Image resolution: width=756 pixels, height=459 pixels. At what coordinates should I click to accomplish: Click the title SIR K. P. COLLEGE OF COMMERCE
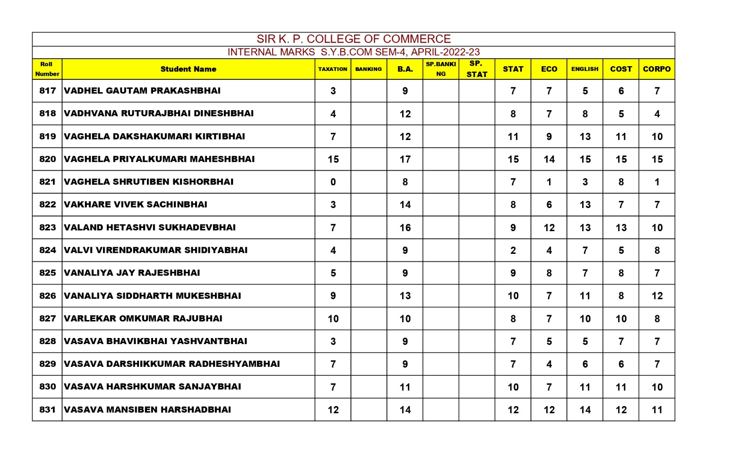[x=353, y=39]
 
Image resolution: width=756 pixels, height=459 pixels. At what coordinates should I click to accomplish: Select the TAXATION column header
[x=333, y=69]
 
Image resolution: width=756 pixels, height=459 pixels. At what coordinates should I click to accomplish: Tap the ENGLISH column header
[x=584, y=69]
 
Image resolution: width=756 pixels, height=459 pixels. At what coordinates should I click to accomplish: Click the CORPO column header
[x=656, y=69]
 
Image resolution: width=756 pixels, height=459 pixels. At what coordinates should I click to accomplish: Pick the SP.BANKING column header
[x=440, y=69]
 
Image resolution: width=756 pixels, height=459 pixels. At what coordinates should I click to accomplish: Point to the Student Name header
[x=188, y=69]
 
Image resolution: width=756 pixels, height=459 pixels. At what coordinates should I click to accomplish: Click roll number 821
[x=47, y=182]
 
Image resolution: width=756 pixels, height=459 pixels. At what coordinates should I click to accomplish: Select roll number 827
[x=47, y=319]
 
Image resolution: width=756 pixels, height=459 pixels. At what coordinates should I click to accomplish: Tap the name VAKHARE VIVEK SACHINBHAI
[x=136, y=205]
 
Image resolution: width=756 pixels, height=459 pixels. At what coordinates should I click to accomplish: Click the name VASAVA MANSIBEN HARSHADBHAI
[x=147, y=410]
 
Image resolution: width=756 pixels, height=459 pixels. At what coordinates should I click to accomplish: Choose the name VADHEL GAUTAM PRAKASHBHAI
[x=142, y=91]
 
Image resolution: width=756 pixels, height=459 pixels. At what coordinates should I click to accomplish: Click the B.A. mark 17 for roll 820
[x=405, y=159]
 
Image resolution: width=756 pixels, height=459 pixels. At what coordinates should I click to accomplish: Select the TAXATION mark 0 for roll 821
[x=333, y=182]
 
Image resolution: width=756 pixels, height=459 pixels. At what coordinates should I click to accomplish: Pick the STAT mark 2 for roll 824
[x=513, y=251]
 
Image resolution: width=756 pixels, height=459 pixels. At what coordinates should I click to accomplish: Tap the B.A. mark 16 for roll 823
[x=405, y=228]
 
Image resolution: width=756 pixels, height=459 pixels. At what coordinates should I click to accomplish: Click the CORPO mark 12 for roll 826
[x=657, y=296]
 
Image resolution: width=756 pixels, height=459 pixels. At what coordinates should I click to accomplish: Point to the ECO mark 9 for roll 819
[x=549, y=137]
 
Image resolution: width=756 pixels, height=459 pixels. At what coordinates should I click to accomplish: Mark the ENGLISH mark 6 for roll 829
[x=585, y=364]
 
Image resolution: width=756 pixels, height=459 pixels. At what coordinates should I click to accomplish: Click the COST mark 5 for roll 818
[x=621, y=114]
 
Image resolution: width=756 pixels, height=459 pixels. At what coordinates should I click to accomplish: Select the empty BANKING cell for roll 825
[x=369, y=273]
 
